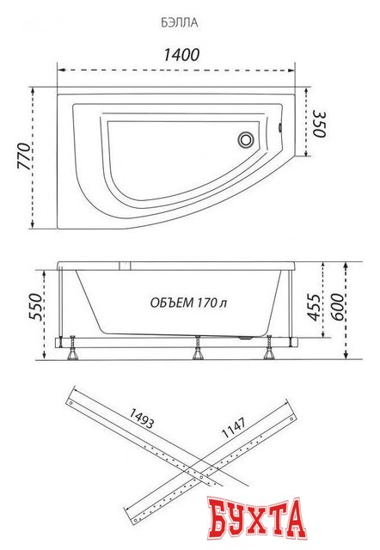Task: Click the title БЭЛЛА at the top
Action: [x=180, y=23]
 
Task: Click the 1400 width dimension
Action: [x=181, y=55]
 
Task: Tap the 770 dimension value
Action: [x=25, y=156]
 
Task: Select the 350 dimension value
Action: [x=319, y=125]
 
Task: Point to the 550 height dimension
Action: [x=35, y=307]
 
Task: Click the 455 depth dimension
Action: [x=314, y=308]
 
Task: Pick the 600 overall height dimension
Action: [x=338, y=308]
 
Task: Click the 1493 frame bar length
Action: [x=141, y=419]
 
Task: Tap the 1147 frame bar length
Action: [x=234, y=428]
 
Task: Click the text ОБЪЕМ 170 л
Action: [x=188, y=302]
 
